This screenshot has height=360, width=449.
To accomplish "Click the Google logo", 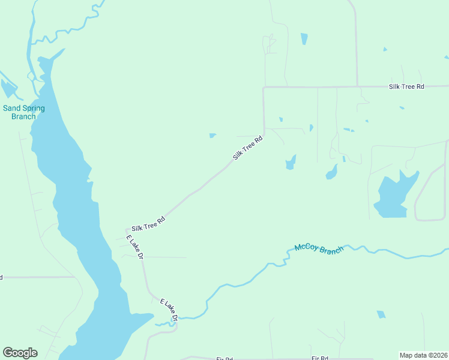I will click(x=20, y=353).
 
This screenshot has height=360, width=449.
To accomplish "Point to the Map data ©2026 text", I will click(x=423, y=355).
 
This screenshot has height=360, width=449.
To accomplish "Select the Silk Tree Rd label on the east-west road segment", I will click(x=406, y=87).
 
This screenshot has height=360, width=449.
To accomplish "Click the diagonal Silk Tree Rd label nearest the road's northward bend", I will click(x=248, y=148).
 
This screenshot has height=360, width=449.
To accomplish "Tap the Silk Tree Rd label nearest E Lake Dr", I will click(x=148, y=224).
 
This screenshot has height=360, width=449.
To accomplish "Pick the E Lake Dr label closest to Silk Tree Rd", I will click(x=135, y=247).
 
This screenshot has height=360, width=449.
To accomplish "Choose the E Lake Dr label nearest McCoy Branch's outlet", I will click(x=169, y=309).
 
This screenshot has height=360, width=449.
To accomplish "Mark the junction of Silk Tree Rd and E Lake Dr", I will click(x=127, y=230).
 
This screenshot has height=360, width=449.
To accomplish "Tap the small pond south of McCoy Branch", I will click(x=381, y=314).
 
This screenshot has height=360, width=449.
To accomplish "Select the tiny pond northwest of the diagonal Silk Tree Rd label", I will click(x=212, y=135).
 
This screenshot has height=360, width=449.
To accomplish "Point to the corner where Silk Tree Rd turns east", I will click(x=264, y=88).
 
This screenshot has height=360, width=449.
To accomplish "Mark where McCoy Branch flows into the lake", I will click(x=157, y=323).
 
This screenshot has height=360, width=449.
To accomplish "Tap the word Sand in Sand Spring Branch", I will click(x=11, y=109).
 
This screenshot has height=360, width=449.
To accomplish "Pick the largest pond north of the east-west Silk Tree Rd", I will click(x=304, y=39).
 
